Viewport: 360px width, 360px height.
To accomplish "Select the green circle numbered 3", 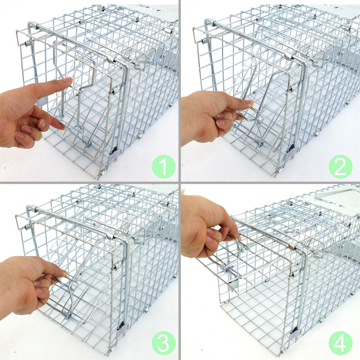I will pos(164,344).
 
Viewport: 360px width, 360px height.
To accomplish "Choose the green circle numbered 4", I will pos(340,344).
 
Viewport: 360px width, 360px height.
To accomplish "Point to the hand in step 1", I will pos(30,112).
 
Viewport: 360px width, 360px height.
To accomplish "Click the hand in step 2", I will pos(210,116).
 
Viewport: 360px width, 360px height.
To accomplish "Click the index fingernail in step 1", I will pos(67,80).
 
